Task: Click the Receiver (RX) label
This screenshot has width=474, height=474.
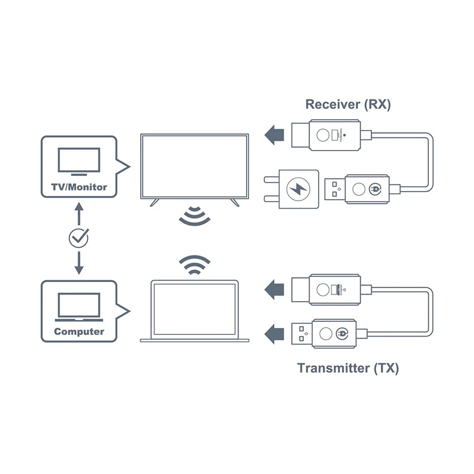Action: tap(348, 104)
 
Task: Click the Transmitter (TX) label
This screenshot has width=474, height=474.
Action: tap(348, 368)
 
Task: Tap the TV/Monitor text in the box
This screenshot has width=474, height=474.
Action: tap(78, 187)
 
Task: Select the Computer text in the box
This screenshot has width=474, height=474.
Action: tap(79, 332)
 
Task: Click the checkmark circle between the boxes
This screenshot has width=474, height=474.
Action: tap(79, 238)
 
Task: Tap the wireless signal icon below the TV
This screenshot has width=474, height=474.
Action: tap(194, 215)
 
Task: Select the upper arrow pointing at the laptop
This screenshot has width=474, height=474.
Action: tap(273, 289)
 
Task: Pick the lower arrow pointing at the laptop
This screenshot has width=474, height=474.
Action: tap(273, 333)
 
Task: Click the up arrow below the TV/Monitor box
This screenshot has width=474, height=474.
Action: tap(79, 214)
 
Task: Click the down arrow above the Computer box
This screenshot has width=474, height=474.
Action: tap(79, 263)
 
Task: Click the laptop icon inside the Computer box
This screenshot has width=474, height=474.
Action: tap(79, 307)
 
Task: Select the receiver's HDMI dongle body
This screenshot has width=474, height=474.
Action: tap(334, 135)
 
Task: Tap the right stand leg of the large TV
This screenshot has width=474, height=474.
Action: tap(235, 202)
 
